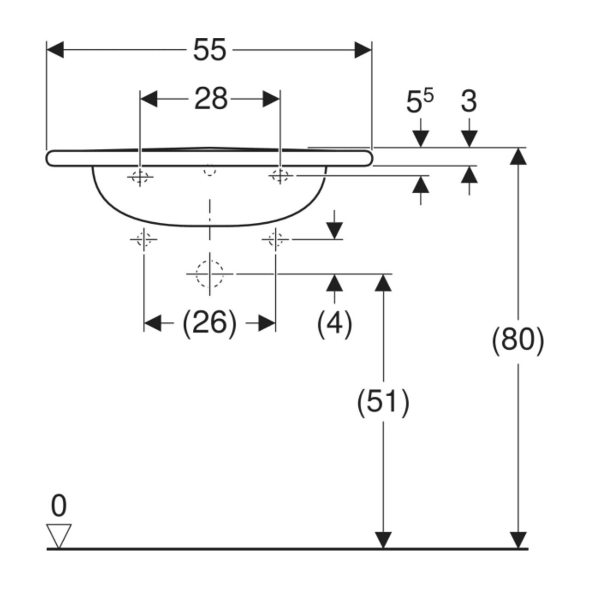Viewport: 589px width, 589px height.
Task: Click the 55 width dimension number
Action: (209, 50)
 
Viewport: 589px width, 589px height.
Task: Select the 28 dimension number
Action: (211, 99)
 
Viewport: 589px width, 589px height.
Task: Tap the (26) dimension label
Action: (209, 323)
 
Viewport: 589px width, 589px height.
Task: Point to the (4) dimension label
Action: (335, 323)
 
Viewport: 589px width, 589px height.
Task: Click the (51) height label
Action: (383, 402)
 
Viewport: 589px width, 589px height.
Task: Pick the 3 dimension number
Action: (469, 101)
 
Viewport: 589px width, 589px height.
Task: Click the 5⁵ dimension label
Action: (420, 101)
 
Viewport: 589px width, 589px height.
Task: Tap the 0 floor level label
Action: (59, 505)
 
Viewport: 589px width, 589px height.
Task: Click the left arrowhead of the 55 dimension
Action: (55, 50)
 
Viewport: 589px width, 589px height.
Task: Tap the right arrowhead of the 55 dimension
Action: (363, 50)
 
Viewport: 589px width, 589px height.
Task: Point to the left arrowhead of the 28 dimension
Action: (149, 99)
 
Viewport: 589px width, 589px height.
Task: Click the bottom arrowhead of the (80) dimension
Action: (518, 540)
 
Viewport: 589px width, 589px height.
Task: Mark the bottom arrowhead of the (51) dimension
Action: (383, 540)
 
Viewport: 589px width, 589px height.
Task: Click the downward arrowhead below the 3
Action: (469, 138)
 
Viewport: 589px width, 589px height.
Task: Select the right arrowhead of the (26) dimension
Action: (267, 323)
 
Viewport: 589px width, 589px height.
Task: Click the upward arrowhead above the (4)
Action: (334, 283)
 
